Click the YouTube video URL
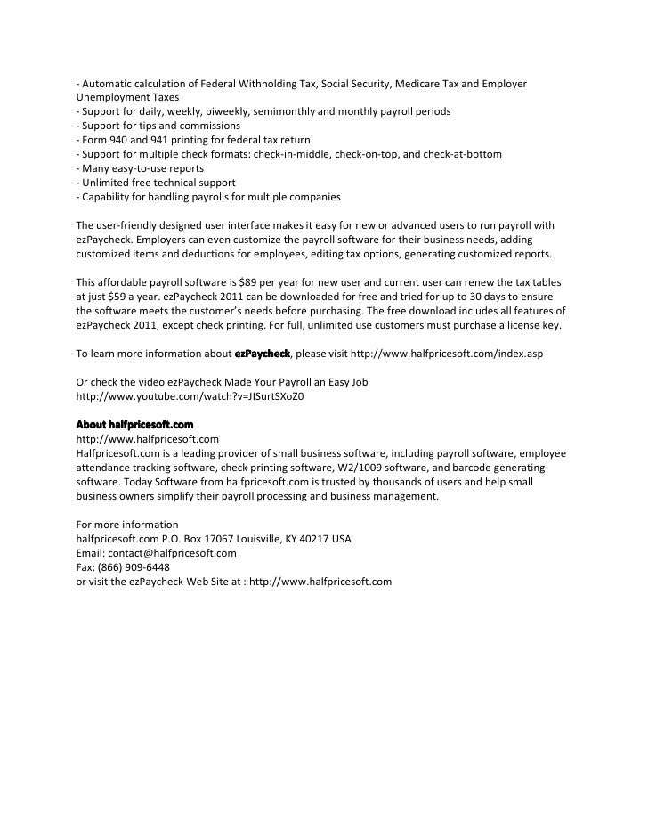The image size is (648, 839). click(190, 396)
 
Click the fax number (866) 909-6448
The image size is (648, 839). click(134, 566)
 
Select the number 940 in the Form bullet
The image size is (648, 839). click(121, 140)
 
